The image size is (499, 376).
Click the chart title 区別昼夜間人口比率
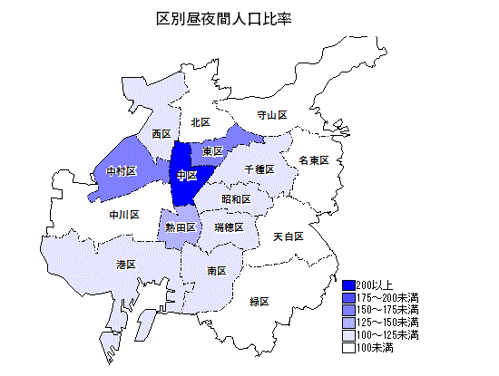230,18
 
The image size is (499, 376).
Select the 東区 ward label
213,150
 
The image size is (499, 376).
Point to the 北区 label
201,122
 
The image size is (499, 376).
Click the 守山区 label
271,115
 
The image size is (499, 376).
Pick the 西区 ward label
161,133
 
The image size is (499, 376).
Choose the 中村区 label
121,170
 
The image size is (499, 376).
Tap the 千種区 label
259,169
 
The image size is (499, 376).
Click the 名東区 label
313,159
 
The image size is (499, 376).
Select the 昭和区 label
236,198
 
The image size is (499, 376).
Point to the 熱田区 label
179,227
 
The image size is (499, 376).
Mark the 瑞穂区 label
229,227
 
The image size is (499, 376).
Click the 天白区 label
288,236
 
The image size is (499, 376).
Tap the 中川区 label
123,215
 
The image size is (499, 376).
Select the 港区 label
125,264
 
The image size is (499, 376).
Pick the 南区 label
217,270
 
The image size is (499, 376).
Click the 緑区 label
259,301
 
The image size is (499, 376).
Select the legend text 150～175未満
387,310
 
